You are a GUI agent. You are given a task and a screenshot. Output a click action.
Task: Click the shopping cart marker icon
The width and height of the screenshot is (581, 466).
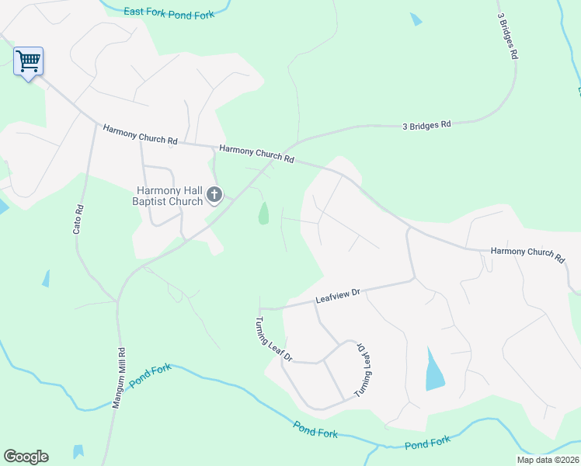coord(28,61)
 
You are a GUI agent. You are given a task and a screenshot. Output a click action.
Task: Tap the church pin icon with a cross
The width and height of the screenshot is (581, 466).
coord(214,193)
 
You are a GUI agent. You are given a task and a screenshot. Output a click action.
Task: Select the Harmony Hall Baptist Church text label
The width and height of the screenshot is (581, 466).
coord(169,195)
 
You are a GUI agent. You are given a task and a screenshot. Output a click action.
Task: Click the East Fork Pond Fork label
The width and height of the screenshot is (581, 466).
coord(169,13)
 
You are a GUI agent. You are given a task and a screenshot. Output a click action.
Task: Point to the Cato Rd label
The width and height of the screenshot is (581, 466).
coord(78,221)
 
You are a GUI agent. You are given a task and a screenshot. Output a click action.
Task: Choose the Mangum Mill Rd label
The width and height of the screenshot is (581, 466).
coord(120,377)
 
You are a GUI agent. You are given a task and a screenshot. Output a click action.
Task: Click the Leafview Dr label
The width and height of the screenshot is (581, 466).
coord(339,295)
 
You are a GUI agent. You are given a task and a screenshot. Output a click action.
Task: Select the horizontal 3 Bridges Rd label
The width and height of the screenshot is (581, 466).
coord(426,124)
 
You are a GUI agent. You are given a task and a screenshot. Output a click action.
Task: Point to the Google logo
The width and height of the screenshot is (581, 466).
coord(26,457)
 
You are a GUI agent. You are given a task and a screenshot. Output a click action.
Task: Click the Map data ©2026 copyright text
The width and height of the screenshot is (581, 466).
coord(548,460)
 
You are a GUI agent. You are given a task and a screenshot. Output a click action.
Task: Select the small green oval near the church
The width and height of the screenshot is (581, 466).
coord(263,213)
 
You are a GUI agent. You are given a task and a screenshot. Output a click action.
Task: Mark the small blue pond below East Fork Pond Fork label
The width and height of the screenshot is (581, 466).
coord(416,19)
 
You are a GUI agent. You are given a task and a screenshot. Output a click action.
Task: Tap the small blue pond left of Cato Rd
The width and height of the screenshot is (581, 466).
coord(46,278)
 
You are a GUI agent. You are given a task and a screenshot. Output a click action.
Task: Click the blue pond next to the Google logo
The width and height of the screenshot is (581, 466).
coord(78,452)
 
